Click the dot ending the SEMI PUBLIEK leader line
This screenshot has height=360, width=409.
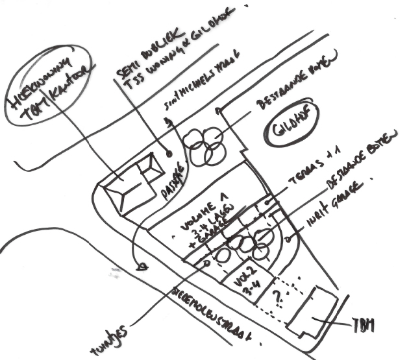[x=168, y=154]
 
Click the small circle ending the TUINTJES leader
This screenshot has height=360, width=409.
[x=206, y=263]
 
